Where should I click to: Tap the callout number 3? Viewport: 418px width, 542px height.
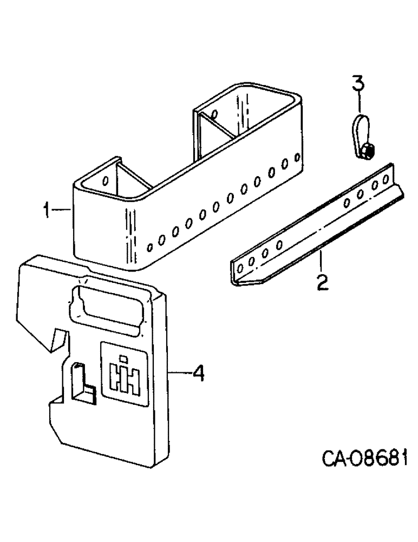pyautogui.click(x=358, y=85)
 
